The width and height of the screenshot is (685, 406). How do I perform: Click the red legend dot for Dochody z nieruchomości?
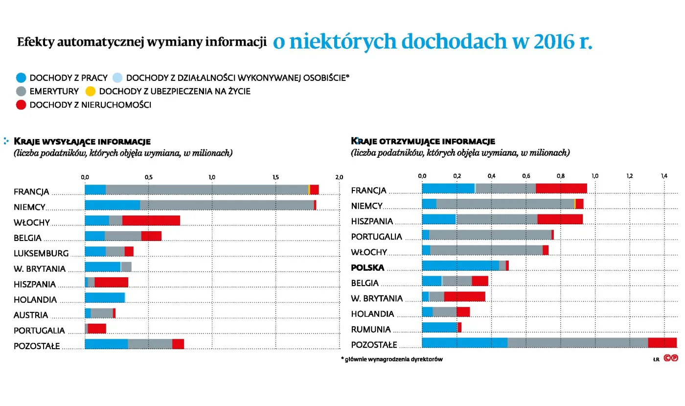click(21, 105)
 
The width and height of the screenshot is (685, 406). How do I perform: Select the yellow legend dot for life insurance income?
click(91, 91)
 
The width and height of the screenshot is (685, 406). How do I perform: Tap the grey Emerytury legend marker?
click(21, 91)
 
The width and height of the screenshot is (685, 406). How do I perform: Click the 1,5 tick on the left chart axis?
click(275, 177)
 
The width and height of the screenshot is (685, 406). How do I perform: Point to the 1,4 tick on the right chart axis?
click(664, 175)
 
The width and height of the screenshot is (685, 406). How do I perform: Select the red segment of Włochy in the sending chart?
click(151, 220)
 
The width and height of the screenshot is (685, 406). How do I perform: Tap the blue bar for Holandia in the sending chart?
click(105, 297)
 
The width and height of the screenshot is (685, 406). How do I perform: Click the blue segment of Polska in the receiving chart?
click(460, 265)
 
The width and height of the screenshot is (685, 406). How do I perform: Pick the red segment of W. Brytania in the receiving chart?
click(464, 297)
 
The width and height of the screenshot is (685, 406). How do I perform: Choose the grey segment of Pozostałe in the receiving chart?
click(577, 343)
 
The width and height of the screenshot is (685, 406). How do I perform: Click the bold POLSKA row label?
click(367, 267)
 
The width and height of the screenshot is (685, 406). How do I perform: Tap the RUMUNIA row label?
click(371, 329)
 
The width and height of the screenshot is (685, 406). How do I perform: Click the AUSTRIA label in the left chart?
click(31, 315)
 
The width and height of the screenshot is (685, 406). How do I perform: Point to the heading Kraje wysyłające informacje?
click(82, 142)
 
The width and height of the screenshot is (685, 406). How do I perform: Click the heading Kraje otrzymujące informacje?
click(423, 141)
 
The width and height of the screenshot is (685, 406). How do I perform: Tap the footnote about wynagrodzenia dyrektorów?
click(392, 359)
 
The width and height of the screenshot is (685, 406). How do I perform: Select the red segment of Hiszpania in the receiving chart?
click(560, 219)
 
